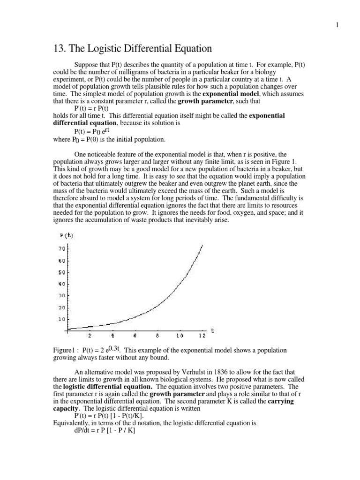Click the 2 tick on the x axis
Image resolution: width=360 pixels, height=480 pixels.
[90, 336]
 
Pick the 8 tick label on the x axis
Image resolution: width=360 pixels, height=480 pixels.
[157, 336]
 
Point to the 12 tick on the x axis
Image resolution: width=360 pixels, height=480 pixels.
[202, 336]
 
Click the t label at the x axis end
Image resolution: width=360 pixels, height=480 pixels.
[212, 330]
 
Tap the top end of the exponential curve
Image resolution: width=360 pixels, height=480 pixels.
[202, 245]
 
